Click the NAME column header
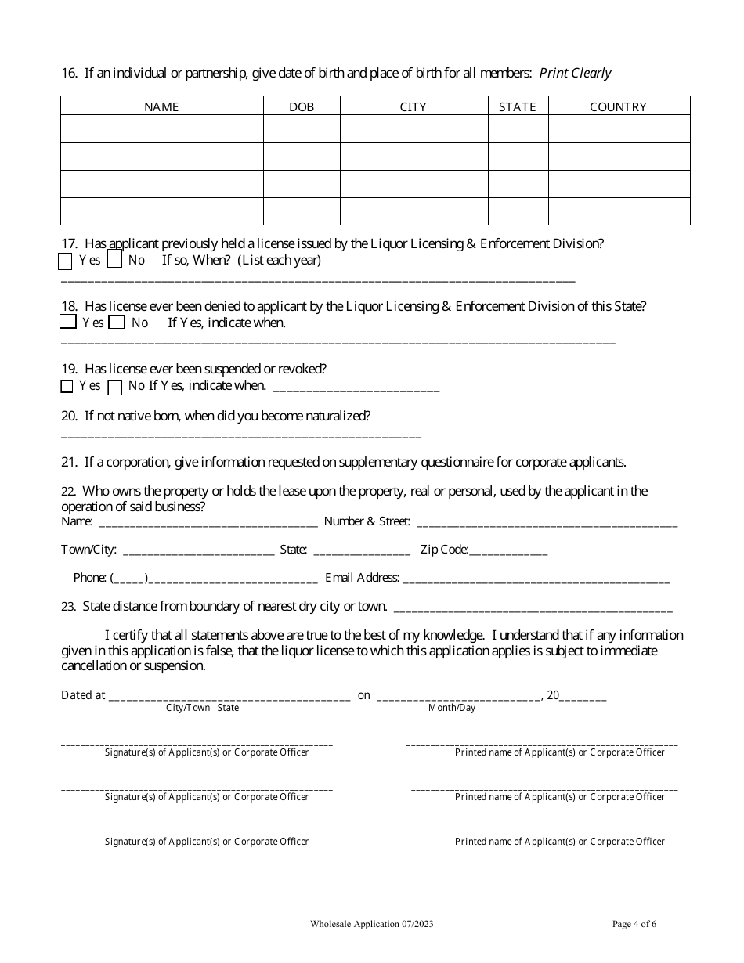tap(161, 106)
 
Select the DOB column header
tap(302, 106)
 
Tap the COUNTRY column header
tap(618, 106)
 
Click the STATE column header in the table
tap(518, 106)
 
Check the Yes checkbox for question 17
tap(66, 260)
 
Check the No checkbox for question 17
tap(114, 260)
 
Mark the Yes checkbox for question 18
tap(67, 322)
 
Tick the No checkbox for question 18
tap(117, 322)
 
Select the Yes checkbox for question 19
tap(67, 386)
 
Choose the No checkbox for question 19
tap(114, 386)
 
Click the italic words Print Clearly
tap(575, 73)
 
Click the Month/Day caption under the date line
tap(451, 708)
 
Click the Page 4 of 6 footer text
tap(634, 924)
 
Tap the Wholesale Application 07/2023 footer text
tap(371, 924)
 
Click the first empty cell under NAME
tap(161, 128)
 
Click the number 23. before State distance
tap(68, 607)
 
